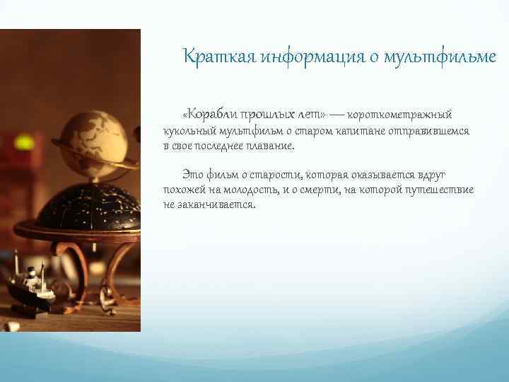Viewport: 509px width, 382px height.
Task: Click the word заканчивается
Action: (x=215, y=205)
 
